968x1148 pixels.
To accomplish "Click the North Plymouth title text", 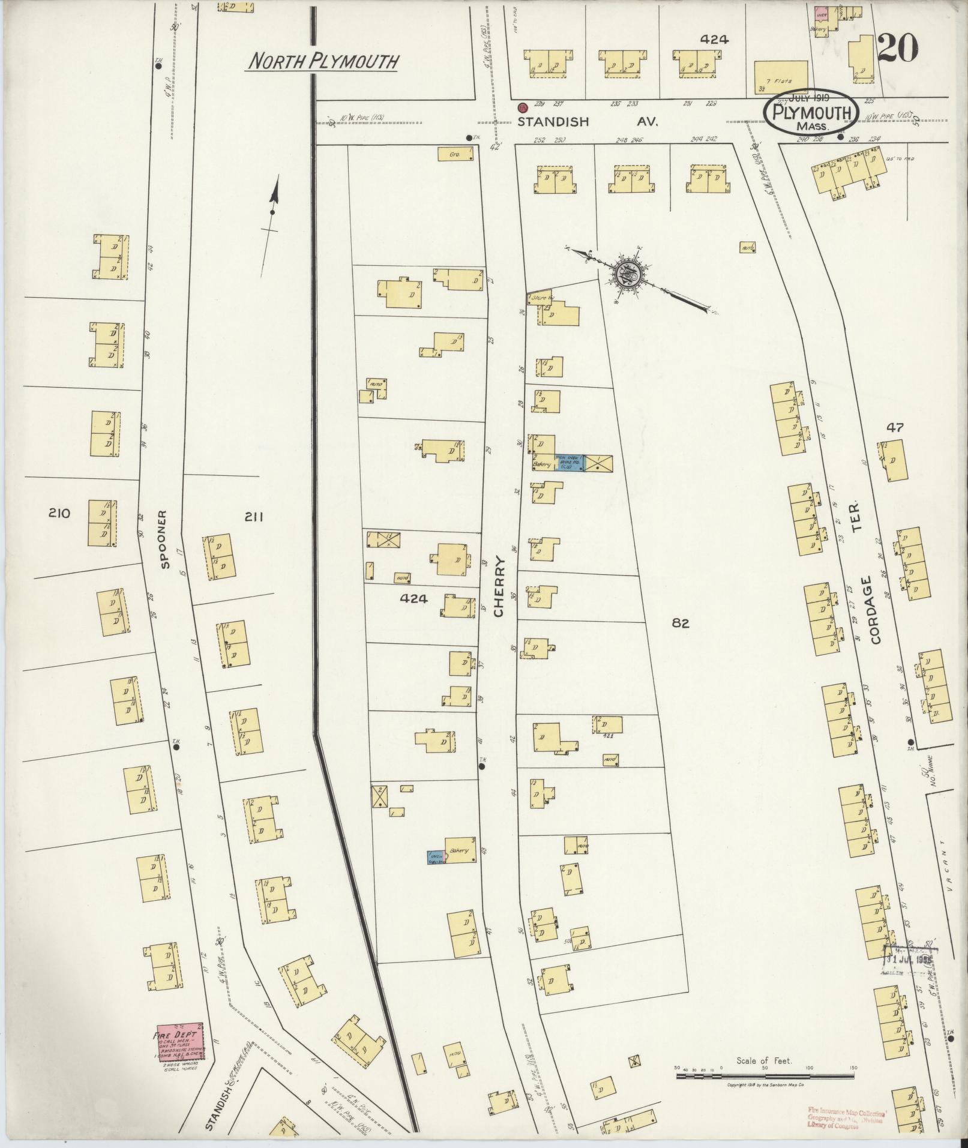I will click(x=323, y=61).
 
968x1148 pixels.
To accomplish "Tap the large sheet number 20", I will click(x=897, y=49).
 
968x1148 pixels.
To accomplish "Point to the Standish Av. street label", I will click(x=588, y=121).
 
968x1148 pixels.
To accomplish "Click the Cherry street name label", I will click(x=500, y=588).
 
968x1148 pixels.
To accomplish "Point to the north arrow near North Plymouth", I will click(x=273, y=207).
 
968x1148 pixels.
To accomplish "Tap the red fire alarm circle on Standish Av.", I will click(x=523, y=108).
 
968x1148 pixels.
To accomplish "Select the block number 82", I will click(x=681, y=624).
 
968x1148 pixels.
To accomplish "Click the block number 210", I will click(x=60, y=513).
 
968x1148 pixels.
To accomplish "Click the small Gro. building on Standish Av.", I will click(x=456, y=154).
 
